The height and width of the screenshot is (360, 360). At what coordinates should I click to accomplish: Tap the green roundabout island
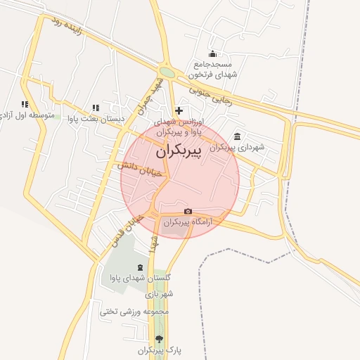(167, 72)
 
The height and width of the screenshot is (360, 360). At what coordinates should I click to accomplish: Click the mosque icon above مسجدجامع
(213, 54)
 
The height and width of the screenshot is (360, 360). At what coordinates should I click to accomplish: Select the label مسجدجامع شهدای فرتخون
(213, 69)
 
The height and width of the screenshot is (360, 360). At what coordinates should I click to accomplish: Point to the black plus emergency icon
(179, 110)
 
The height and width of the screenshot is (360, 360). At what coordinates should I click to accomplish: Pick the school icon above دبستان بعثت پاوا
(95, 108)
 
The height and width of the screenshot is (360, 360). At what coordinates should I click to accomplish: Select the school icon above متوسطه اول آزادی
(25, 104)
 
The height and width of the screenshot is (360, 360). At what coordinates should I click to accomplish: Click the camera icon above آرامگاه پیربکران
(188, 212)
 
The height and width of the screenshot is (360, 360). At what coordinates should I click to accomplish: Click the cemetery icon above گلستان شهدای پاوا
(139, 267)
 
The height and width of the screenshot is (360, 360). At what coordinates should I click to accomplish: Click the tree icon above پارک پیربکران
(158, 338)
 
